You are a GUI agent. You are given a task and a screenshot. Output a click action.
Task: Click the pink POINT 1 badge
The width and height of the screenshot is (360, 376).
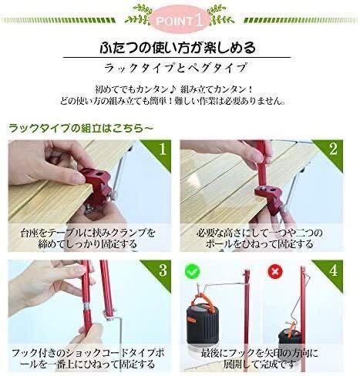click(180, 21)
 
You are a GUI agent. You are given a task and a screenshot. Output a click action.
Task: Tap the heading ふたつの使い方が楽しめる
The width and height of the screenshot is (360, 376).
click(177, 48)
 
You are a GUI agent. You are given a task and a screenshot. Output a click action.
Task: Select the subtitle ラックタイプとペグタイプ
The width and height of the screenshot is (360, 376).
click(176, 68)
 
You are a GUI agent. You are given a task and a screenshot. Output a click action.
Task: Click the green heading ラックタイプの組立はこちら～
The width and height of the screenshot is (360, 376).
click(80, 128)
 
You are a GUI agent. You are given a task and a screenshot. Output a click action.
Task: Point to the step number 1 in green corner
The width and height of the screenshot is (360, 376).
click(163, 149)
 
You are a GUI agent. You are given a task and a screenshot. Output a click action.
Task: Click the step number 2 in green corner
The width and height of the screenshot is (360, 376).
click(333, 149)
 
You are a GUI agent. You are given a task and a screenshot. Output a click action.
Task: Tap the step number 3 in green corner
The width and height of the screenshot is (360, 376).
click(163, 270)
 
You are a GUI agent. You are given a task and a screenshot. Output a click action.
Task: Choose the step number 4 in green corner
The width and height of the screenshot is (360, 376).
click(334, 270)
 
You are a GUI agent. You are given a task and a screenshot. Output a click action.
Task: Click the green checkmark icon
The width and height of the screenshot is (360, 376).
click(192, 270)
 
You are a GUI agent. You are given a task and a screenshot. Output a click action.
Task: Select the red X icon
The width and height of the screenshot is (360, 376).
click(275, 271)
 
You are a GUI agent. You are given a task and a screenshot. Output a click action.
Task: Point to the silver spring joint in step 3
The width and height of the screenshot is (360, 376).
click(87, 307)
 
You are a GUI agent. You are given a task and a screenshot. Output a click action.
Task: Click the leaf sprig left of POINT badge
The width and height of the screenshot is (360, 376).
click(138, 15)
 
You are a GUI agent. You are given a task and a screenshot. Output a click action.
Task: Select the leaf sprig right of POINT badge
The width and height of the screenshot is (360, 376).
click(221, 15)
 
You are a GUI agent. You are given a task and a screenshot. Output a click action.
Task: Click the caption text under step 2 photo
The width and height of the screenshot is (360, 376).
click(259, 238)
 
